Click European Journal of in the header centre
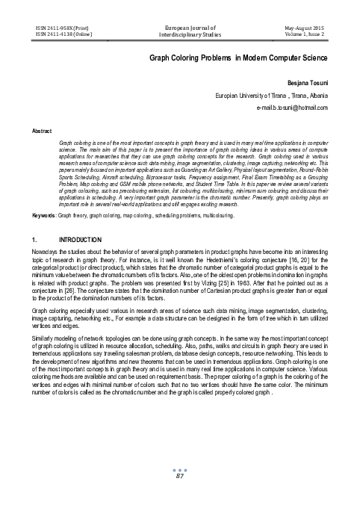pos(179,25)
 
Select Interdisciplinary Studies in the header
pos(179,34)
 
